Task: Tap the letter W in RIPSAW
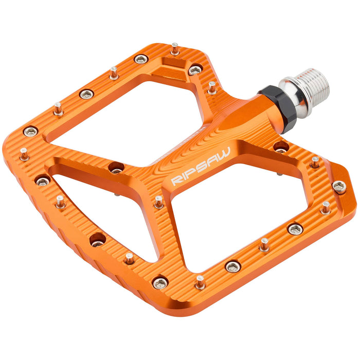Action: [224, 152]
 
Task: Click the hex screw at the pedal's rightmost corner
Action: [339, 187]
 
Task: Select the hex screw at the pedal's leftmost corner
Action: [30, 132]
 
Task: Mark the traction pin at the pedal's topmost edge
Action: [175, 48]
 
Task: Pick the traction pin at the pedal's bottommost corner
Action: [200, 282]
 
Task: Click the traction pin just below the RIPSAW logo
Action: [159, 201]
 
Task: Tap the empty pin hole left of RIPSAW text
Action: [116, 168]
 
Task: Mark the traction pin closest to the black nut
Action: [212, 87]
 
